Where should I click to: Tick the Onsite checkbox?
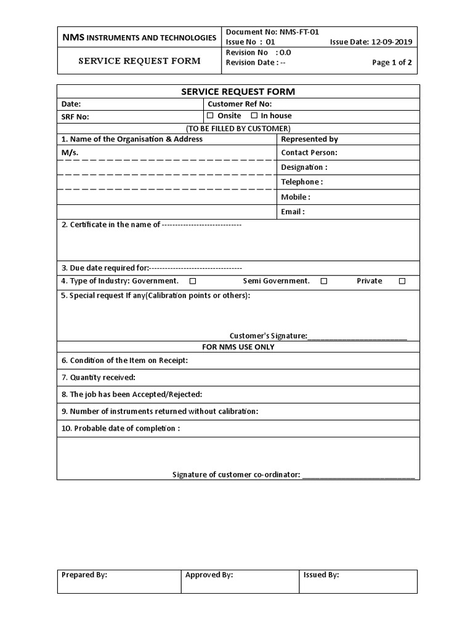coord(210,116)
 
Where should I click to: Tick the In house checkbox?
coord(254,116)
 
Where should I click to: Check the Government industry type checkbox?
coord(193,281)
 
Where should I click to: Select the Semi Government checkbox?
coord(324,281)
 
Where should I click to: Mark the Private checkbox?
coord(402,281)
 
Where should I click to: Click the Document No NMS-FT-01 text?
coord(272,32)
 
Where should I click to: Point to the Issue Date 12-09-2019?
coord(371,42)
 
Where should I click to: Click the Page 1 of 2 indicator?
coord(392,62)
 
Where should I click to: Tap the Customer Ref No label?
coord(240,104)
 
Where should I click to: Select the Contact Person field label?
coord(309,153)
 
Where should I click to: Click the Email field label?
coord(293,212)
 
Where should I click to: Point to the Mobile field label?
coord(296,197)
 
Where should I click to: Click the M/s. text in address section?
coord(70,153)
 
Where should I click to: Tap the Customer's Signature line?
coord(357,336)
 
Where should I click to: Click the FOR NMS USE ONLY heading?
coord(238,347)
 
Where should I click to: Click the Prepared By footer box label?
coord(84,575)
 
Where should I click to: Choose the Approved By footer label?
coord(209,575)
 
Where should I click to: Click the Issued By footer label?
coord(321,575)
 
